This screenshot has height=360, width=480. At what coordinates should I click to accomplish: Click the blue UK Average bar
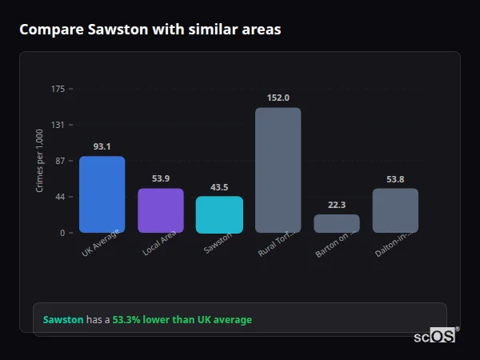[x=102, y=194]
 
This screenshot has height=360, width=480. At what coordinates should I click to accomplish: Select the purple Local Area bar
[x=161, y=210]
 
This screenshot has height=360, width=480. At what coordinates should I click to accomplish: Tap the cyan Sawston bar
[x=219, y=214]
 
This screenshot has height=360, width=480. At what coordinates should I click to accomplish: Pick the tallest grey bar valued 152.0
[x=278, y=170]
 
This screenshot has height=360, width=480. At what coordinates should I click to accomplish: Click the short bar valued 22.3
[x=337, y=223]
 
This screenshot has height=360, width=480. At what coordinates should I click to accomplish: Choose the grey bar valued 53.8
[x=395, y=210]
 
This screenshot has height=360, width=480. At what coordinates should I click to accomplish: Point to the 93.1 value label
[x=102, y=146]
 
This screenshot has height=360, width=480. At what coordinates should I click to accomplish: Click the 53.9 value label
[x=161, y=178]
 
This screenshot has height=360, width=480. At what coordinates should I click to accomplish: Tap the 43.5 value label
[x=219, y=187]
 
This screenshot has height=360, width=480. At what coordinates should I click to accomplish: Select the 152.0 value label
[x=278, y=98]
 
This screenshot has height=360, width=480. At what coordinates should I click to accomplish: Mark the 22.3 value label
[x=337, y=205]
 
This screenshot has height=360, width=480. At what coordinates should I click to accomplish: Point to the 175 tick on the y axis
[x=58, y=89]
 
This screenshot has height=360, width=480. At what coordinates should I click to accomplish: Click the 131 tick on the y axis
[x=58, y=125]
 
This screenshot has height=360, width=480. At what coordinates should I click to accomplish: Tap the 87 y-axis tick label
[x=60, y=161]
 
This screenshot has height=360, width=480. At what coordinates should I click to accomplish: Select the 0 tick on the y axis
[x=62, y=233]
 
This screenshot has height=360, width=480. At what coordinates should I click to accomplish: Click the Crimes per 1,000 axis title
[x=40, y=160]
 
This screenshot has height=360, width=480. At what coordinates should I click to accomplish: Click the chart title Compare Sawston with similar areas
[x=150, y=30]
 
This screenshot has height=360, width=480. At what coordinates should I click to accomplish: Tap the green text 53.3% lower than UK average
[x=182, y=320]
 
